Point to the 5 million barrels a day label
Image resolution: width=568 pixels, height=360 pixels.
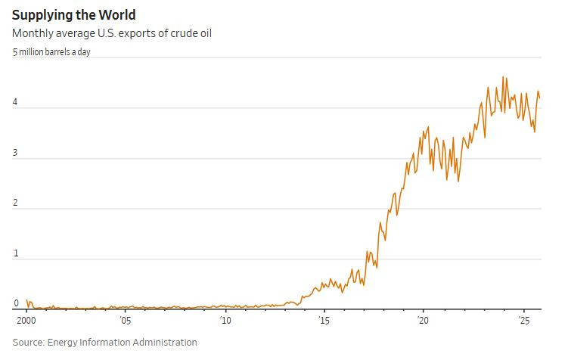[51, 52]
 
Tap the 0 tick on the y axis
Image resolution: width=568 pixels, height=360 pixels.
[15, 303]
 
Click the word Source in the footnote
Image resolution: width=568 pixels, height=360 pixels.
[27, 343]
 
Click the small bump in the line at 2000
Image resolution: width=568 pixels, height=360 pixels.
[27, 300]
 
